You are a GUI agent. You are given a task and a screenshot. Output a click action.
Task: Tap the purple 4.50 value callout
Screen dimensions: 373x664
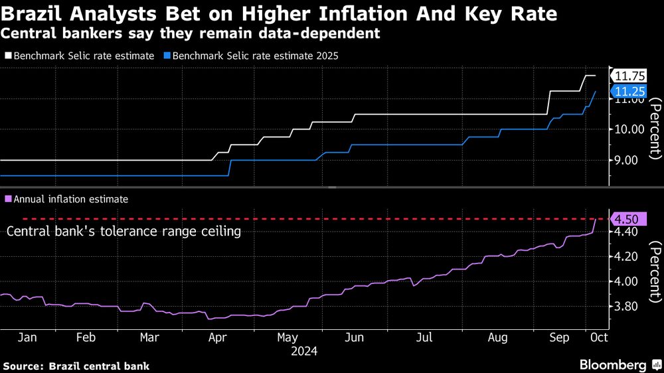tap(625, 219)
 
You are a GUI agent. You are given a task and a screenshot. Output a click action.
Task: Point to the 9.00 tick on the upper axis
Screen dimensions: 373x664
tap(627, 160)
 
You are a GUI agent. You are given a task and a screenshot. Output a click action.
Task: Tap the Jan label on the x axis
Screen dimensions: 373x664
tap(27, 338)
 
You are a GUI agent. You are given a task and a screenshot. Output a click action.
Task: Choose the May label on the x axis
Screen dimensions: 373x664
tap(288, 338)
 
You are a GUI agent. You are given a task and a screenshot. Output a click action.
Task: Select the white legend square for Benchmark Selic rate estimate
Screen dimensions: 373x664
tap(8, 56)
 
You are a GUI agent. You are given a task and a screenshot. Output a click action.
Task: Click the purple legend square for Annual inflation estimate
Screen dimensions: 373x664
tap(8, 198)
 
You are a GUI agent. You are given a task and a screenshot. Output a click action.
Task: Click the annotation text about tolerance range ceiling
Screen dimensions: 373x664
tap(124, 232)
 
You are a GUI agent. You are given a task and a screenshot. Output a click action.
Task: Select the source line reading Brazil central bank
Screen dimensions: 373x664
tap(76, 366)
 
